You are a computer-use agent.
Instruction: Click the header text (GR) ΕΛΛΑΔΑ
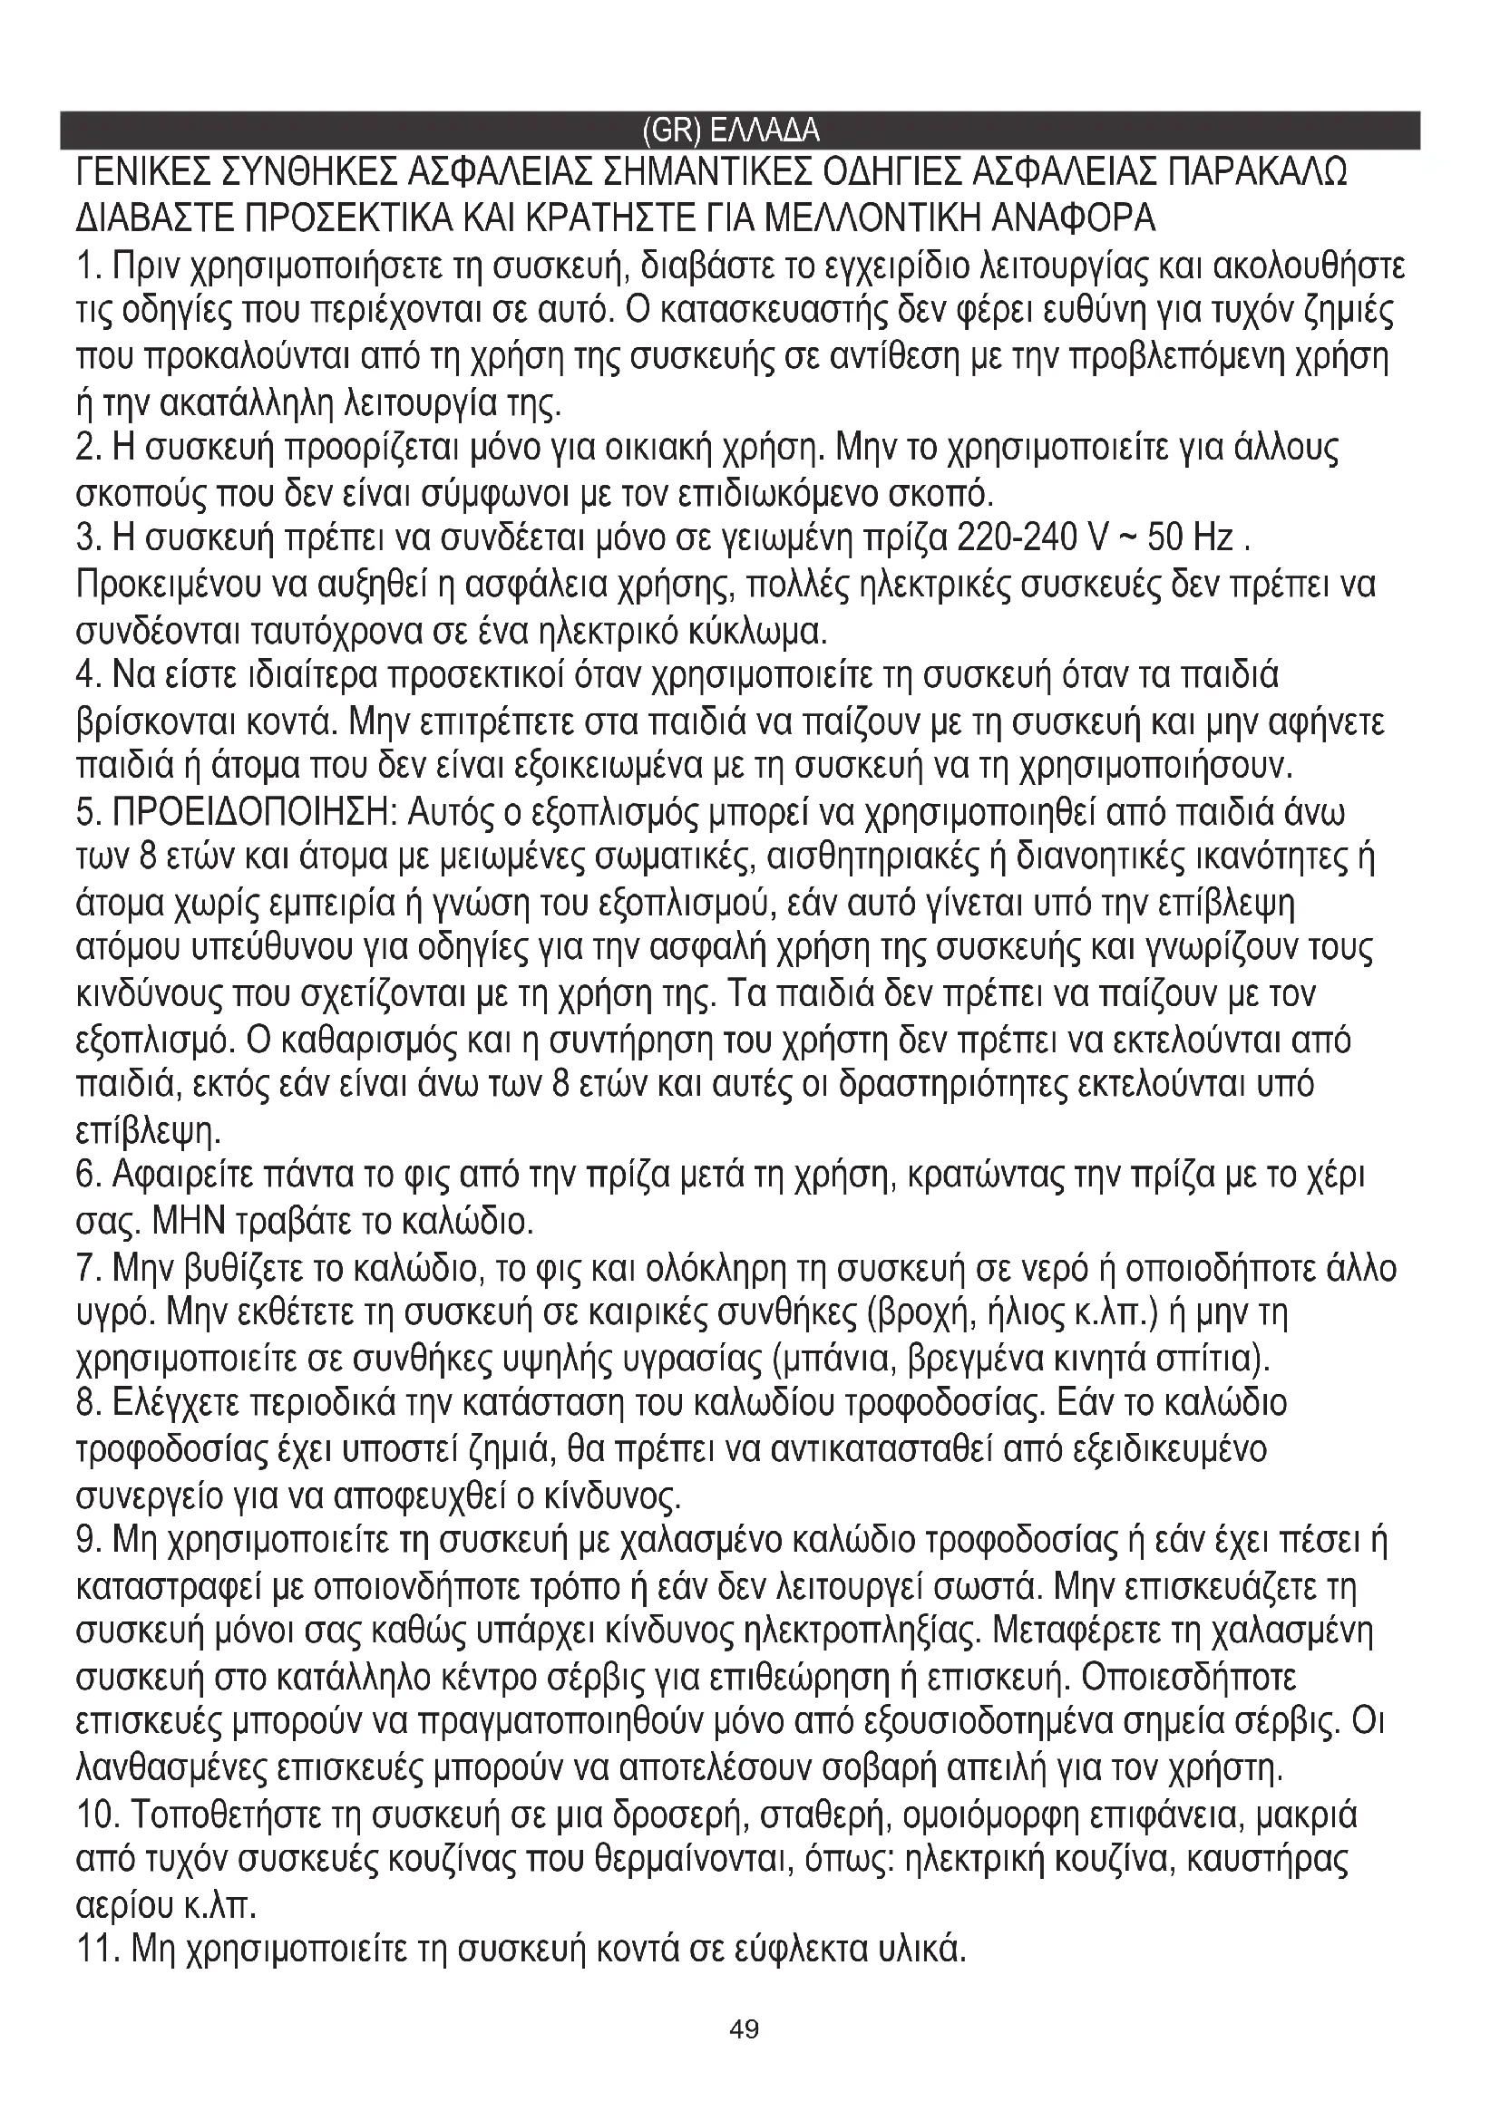pyautogui.click(x=730, y=131)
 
